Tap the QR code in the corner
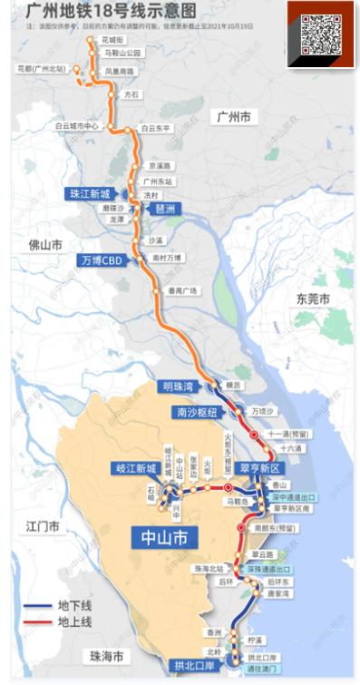click(320, 34)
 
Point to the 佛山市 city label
click(44, 245)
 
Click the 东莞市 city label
click(313, 299)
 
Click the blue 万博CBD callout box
click(101, 260)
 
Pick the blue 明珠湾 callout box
click(180, 387)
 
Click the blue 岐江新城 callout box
click(136, 468)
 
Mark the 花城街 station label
click(113, 41)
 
